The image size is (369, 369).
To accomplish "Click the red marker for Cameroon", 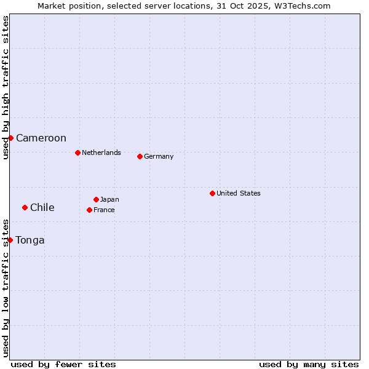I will [x=10, y=138].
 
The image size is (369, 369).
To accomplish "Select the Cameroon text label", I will [x=41, y=138].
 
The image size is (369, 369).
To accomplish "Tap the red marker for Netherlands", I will [x=77, y=153].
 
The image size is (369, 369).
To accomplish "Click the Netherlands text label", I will [x=101, y=153].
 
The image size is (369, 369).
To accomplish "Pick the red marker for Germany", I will [x=140, y=156].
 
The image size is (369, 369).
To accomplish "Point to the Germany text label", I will [x=159, y=156].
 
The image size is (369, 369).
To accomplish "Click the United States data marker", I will [x=212, y=193].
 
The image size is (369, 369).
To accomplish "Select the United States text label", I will [x=239, y=193].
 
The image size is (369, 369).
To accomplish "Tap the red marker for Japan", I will [x=96, y=199].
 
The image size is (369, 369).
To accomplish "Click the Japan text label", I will [x=110, y=199].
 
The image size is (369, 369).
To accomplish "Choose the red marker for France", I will [x=89, y=210].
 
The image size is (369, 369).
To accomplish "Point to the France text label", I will [x=105, y=210].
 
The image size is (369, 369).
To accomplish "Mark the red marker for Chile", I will [x=25, y=207].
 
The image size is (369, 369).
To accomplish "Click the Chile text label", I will [x=42, y=208].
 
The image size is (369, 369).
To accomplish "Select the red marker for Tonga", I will [x=10, y=240].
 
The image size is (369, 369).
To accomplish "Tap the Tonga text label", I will [x=30, y=240].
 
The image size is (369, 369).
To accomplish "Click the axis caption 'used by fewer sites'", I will [x=63, y=364].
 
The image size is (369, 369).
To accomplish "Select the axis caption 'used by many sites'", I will [x=309, y=364].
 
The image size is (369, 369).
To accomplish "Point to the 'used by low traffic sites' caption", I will [x=6, y=288].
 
